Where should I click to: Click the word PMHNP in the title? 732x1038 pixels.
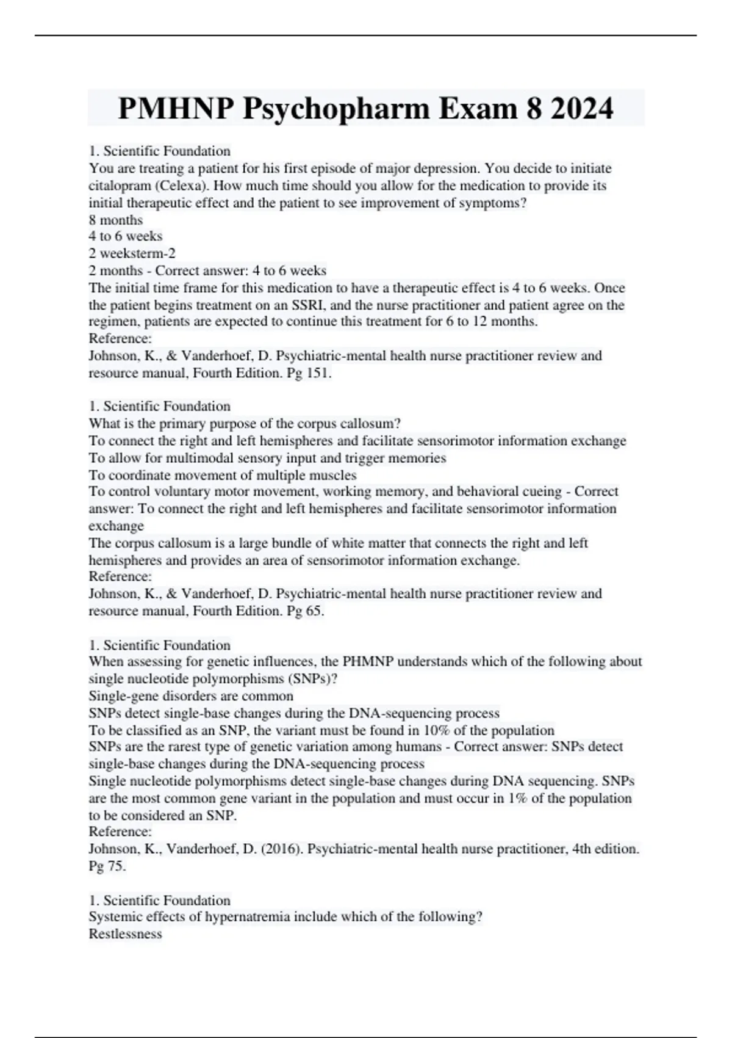(176, 109)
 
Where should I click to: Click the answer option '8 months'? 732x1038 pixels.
(116, 220)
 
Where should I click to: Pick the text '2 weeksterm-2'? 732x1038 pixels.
(132, 253)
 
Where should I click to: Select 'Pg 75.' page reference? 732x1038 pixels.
(107, 866)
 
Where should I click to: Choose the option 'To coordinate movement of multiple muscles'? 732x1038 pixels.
(223, 475)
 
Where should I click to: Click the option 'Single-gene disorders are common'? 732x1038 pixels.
(191, 696)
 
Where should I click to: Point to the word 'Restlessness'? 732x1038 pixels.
(126, 934)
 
